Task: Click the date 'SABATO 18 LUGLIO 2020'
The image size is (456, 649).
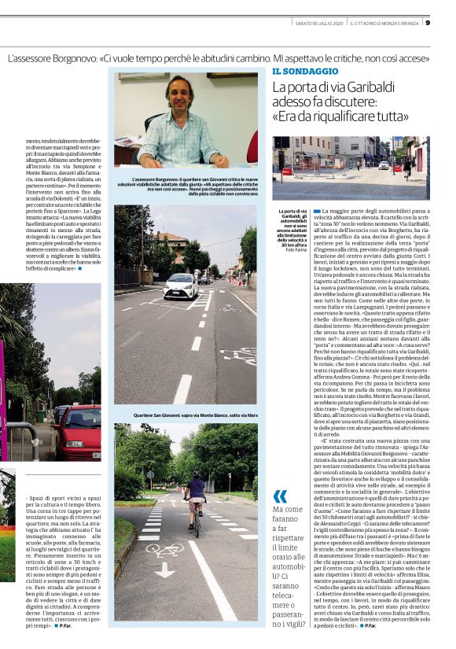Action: click(306, 22)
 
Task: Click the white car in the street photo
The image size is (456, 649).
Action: click(181, 286)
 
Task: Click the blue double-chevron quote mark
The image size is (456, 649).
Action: click(280, 496)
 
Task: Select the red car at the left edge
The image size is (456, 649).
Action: click(77, 432)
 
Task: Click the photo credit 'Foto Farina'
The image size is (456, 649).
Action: click(289, 249)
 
